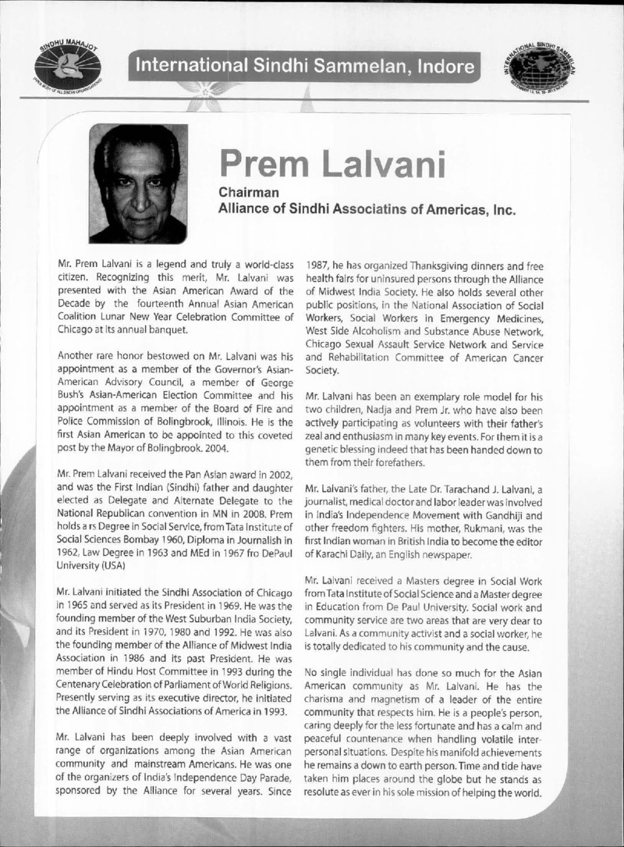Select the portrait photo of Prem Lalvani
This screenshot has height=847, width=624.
click(138, 183)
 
